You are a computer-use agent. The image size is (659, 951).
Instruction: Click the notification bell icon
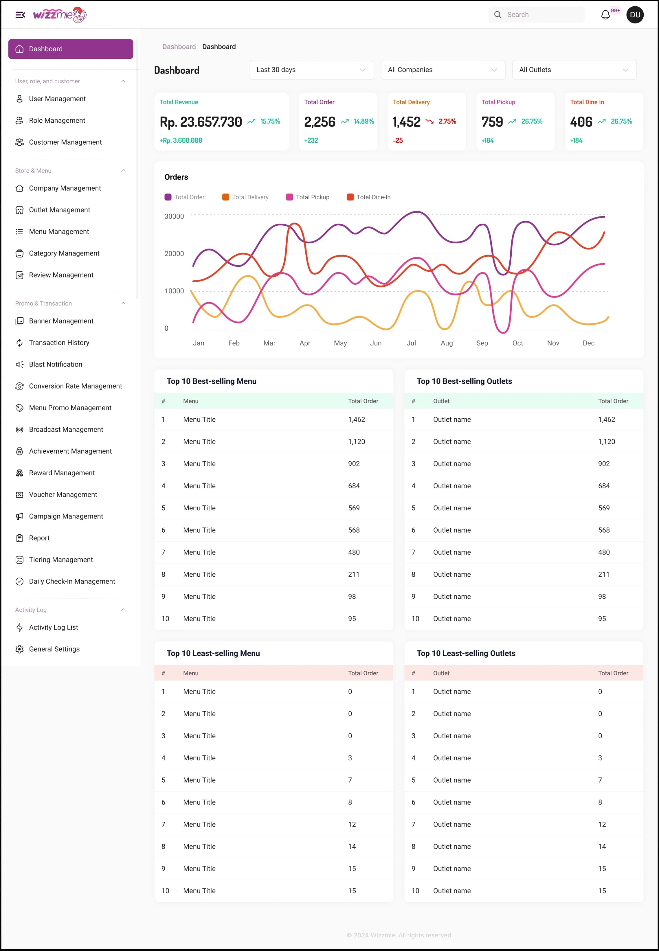point(605,15)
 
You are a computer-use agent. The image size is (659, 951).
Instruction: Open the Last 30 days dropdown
point(311,70)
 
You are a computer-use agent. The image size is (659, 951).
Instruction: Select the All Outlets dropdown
point(574,70)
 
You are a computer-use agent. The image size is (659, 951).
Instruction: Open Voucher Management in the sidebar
point(63,494)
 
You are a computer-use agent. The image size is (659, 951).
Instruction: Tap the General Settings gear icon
point(19,649)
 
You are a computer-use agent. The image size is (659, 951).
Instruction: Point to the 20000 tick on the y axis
point(174,253)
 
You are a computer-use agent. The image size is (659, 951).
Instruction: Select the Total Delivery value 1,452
point(406,122)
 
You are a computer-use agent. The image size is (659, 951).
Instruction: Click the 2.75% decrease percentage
point(447,121)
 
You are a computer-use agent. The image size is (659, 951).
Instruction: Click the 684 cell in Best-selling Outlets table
point(604,486)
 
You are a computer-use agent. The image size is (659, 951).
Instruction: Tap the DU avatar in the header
point(635,15)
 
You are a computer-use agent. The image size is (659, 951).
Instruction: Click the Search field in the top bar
point(541,15)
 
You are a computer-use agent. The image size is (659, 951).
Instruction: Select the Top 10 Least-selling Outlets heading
point(466,653)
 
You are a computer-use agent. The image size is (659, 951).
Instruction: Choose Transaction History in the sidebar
point(59,343)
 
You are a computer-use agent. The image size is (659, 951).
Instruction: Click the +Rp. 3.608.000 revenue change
point(181,140)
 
